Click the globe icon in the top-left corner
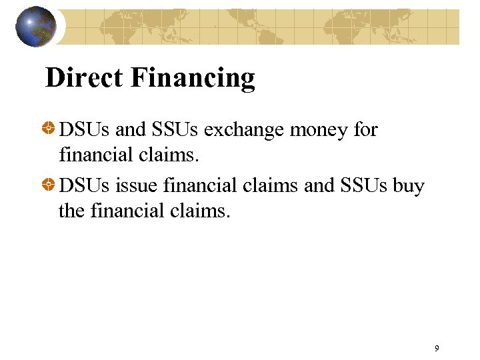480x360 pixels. click(x=35, y=27)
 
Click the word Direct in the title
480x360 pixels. click(x=84, y=78)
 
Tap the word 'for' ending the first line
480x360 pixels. click(x=365, y=129)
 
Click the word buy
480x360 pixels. click(x=409, y=186)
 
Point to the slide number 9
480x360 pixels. click(x=437, y=348)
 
